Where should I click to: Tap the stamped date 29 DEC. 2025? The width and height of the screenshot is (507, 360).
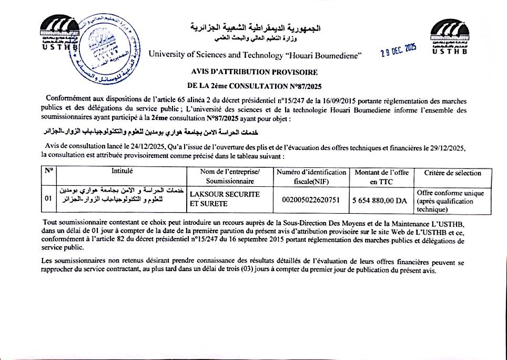[398, 51]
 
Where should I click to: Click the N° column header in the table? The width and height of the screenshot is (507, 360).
[48, 172]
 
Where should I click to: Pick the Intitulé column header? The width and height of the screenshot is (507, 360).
[122, 172]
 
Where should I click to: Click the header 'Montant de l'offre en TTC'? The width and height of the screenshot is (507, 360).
[381, 177]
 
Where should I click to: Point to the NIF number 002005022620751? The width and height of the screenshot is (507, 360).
[311, 200]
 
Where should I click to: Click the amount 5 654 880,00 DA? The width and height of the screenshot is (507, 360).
[380, 200]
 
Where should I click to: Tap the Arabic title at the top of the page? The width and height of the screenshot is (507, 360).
[255, 27]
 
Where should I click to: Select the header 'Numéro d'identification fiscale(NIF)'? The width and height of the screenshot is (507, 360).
[311, 177]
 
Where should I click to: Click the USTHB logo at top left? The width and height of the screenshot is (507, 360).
[59, 35]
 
